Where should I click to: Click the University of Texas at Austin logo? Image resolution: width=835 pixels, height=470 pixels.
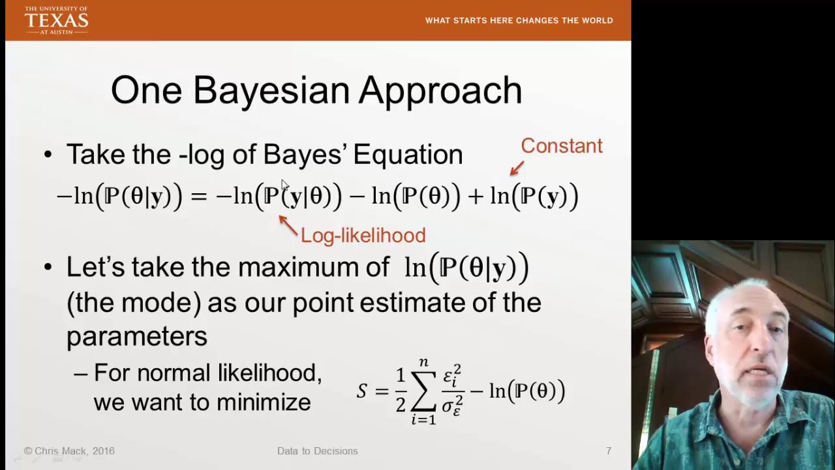point(56,20)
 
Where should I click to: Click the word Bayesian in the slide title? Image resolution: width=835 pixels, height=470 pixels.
point(275,90)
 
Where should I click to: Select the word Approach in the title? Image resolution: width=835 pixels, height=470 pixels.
point(441,91)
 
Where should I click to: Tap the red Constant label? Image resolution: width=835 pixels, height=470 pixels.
point(561,146)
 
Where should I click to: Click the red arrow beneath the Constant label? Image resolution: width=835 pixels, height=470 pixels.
point(517,168)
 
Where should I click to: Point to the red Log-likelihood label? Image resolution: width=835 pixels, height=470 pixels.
point(363,235)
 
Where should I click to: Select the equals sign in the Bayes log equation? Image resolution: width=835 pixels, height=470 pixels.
point(198,196)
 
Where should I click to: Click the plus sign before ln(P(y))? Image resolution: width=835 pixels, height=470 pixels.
point(476,196)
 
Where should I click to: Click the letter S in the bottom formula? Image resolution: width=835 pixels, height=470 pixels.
point(362,392)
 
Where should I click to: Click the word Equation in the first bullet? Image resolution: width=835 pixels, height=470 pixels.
point(408,155)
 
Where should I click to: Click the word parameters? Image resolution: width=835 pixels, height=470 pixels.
point(137,336)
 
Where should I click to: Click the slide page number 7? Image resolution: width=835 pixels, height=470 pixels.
point(608,451)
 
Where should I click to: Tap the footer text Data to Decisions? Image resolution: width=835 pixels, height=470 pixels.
point(317,451)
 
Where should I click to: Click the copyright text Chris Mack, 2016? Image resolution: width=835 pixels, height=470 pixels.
point(69,451)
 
